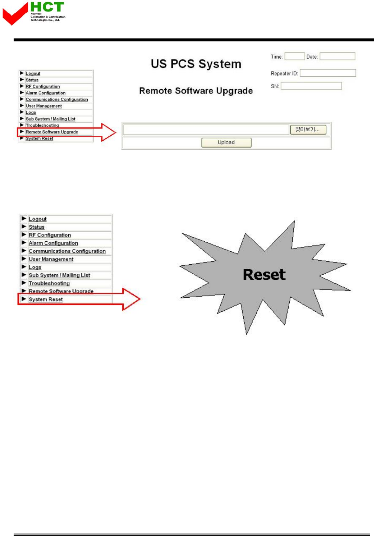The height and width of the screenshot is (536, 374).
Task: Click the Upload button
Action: [226, 142]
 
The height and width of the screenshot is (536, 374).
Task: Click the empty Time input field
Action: [294, 56]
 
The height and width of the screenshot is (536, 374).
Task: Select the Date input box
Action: [337, 56]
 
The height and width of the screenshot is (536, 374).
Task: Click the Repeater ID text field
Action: [328, 73]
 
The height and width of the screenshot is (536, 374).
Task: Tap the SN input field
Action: [311, 86]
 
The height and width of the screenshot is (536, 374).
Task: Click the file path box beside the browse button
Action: [206, 129]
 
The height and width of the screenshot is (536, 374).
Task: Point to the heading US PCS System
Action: [196, 64]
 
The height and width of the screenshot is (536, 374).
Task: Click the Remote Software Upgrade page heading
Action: [196, 91]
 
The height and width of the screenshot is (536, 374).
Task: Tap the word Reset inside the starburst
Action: [264, 275]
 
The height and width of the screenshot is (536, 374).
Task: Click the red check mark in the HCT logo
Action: [15, 14]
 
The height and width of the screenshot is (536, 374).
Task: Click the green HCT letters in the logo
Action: [47, 7]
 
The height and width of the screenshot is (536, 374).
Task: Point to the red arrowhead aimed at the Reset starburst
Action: [131, 299]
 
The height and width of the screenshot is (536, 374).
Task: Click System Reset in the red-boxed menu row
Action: [46, 300]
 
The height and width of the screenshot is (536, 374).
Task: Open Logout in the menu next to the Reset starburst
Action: [38, 219]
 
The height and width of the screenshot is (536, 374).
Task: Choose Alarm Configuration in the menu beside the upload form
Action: [45, 93]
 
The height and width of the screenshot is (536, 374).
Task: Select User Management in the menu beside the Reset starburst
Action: [51, 259]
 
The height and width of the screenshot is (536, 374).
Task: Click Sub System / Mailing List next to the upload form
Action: [50, 119]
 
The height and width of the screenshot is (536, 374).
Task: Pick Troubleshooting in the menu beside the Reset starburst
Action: [49, 283]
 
